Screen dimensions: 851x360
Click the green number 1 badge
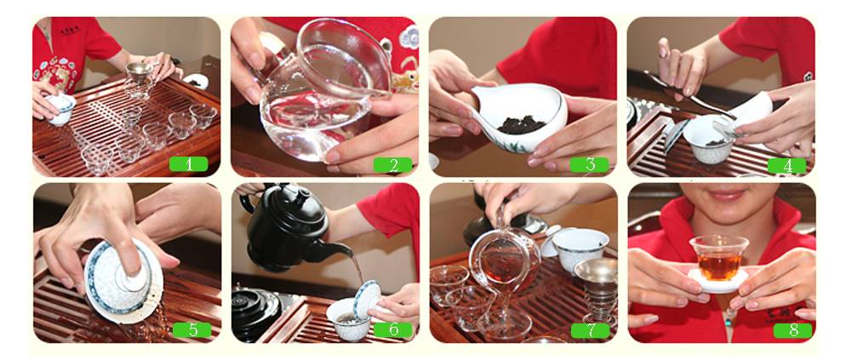[188, 164]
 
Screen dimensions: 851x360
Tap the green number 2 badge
[392, 164]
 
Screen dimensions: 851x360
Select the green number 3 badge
[589, 164]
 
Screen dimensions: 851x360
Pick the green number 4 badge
[787, 165]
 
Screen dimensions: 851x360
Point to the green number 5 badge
[191, 329]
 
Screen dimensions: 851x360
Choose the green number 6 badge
[393, 329]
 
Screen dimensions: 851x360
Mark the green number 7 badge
[590, 330]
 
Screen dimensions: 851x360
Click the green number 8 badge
[793, 330]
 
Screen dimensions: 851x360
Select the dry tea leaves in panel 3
[522, 125]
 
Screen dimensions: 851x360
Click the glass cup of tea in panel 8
[719, 257]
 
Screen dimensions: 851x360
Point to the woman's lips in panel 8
[726, 195]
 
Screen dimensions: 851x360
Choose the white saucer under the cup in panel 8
[719, 280]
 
